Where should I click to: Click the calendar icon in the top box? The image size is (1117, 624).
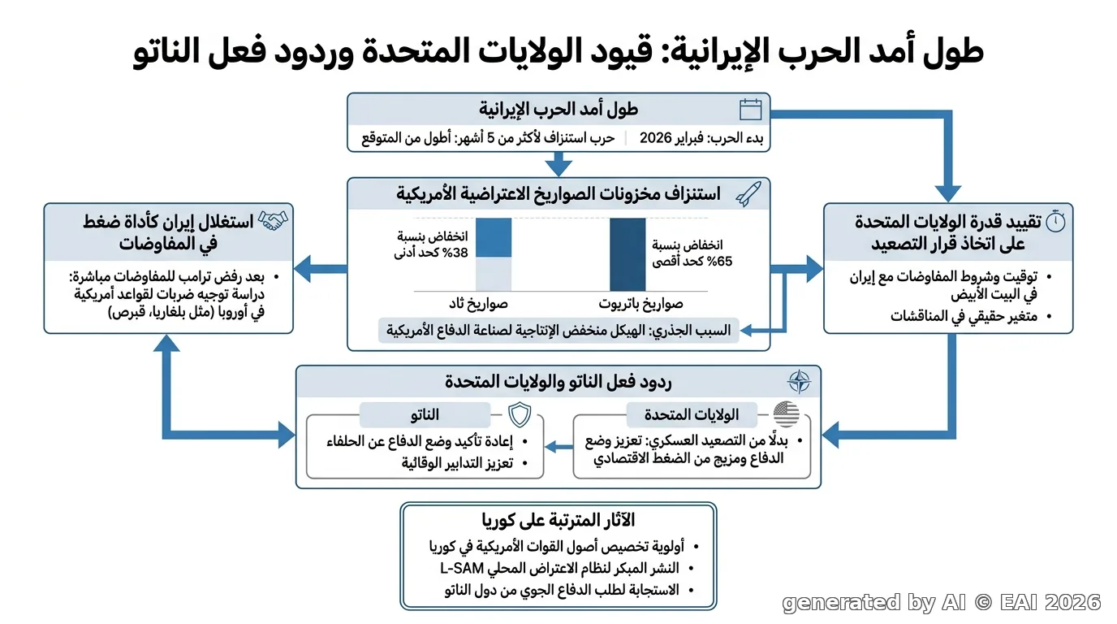coord(750,110)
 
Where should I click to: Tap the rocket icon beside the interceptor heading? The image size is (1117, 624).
coord(748,193)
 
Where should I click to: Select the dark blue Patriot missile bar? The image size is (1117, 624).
coord(628,254)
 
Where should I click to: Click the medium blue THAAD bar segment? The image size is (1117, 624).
coord(494,237)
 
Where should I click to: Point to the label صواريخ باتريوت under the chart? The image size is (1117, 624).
coord(640,303)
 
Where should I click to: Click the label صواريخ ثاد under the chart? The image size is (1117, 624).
coord(478,303)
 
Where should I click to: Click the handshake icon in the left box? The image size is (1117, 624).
coord(274,220)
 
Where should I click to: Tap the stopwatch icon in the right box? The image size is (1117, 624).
coord(1055,221)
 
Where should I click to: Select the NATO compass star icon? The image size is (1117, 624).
coord(799,382)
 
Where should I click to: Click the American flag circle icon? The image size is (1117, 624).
coord(787,414)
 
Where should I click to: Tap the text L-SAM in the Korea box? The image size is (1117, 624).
coord(455,568)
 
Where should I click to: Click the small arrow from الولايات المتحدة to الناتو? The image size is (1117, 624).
coord(559,446)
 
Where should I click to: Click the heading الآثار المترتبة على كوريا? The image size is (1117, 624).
coord(558,520)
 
